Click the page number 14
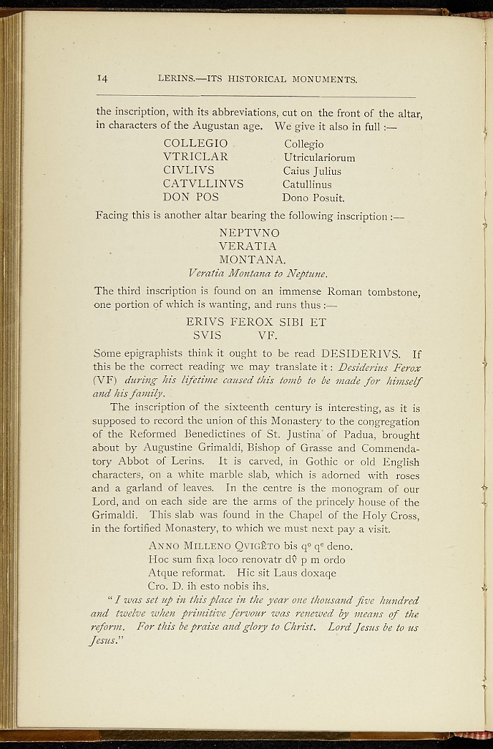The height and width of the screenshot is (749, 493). [102, 78]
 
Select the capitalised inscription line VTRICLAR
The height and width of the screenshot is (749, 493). [195, 157]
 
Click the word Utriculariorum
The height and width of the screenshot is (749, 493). [319, 157]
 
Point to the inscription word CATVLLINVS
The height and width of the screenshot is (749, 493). [203, 184]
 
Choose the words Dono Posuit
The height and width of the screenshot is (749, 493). [313, 197]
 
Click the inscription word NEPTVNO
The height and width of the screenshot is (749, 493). [249, 233]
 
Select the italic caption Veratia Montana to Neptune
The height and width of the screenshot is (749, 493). [249, 274]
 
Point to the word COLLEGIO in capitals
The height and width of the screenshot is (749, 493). [195, 143]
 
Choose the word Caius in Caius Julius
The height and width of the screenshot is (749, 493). [296, 171]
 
